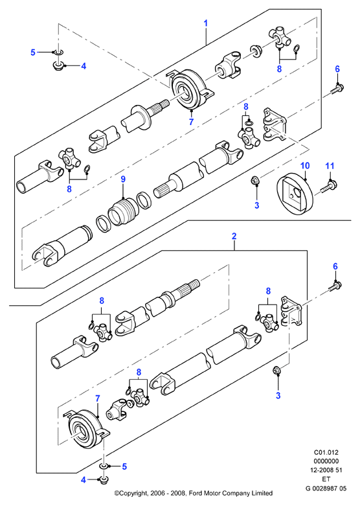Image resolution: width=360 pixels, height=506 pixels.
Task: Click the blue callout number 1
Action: point(205,23)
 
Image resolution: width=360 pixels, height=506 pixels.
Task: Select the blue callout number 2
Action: point(234,236)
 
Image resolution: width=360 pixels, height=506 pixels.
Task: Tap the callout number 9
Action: point(123,179)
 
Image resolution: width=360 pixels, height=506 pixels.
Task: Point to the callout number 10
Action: point(305,166)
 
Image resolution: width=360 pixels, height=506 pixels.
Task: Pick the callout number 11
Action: point(330,166)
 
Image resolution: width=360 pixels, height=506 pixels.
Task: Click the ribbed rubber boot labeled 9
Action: point(124,211)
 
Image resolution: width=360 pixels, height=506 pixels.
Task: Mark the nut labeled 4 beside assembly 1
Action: point(58,66)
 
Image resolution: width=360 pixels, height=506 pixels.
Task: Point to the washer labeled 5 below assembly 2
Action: point(104,466)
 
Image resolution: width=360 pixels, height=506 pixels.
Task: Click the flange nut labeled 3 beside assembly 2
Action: point(276,370)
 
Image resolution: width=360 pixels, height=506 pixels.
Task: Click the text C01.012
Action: point(326,452)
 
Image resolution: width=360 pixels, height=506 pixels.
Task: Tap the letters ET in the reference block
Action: point(326,479)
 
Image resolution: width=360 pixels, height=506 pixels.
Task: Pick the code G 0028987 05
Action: point(326,489)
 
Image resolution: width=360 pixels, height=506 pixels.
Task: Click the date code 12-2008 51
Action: point(326,470)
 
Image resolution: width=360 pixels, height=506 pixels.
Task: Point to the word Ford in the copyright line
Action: point(196,493)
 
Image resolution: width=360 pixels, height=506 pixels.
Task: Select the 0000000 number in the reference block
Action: point(326,461)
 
